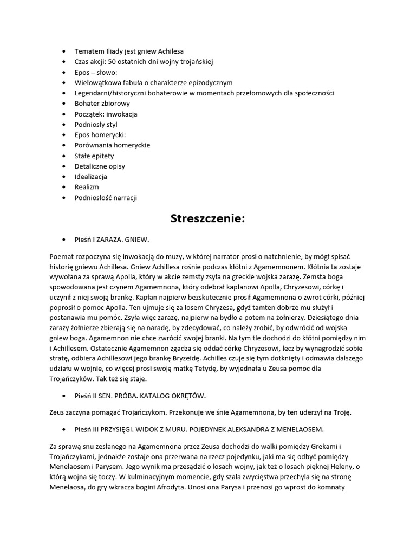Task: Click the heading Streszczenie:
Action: (208, 219)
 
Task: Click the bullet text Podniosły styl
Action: (96, 125)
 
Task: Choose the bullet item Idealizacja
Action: (90, 177)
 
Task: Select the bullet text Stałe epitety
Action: (94, 156)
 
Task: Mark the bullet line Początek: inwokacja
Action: (106, 114)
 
